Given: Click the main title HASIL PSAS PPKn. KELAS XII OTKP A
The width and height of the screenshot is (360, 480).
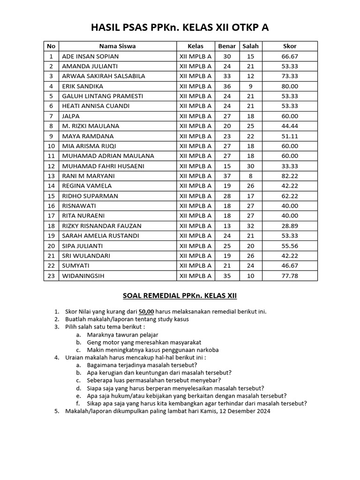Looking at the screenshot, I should pyautogui.click(x=180, y=28).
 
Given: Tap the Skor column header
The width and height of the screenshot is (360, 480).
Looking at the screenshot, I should pyautogui.click(x=290, y=46).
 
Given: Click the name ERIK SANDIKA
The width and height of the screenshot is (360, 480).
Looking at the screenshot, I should pyautogui.click(x=82, y=86).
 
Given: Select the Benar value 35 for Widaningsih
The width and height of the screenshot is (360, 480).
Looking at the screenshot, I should pyautogui.click(x=227, y=276).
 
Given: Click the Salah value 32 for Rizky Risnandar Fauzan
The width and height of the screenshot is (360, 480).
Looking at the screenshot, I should pyautogui.click(x=250, y=225).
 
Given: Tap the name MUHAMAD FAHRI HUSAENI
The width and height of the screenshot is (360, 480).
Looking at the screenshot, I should pyautogui.click(x=103, y=166).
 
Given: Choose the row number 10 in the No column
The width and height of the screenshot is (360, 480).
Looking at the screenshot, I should pyautogui.click(x=51, y=146).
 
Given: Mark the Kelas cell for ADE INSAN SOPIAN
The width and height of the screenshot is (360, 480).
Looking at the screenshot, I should pyautogui.click(x=195, y=56).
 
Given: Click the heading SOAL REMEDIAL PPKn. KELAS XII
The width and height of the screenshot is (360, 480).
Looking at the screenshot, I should pyautogui.click(x=180, y=296).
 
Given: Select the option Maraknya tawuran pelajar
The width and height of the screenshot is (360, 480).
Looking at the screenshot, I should pyautogui.click(x=122, y=335).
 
